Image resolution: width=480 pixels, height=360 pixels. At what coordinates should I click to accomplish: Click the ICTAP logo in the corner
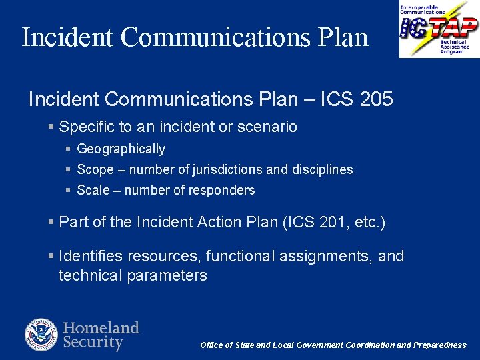[439, 29]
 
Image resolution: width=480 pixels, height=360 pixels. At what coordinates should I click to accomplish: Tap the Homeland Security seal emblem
[42, 335]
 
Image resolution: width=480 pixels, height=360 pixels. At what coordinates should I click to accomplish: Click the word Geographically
[121, 149]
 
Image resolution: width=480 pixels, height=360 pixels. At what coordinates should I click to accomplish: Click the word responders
[222, 191]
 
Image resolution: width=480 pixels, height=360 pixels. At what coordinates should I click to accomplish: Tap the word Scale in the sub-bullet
[92, 191]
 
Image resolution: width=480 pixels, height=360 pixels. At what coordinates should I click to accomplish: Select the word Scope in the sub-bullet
[95, 170]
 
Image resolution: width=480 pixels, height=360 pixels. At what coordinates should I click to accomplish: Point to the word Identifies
[90, 257]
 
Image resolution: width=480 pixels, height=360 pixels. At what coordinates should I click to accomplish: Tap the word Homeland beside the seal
[101, 328]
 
